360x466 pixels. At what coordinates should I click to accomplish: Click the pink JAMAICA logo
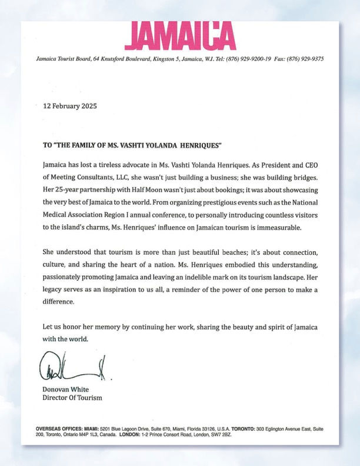click(179, 35)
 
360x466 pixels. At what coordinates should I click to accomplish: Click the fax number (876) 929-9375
click(303, 59)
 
